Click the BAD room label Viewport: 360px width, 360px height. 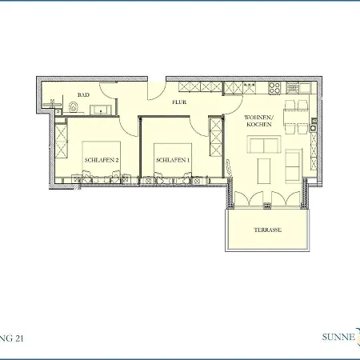click(82, 94)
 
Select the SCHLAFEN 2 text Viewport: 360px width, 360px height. click(102, 159)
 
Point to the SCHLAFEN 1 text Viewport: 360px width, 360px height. click(173, 159)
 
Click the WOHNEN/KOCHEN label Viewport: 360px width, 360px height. click(259, 122)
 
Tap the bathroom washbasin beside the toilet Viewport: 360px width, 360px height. click(54, 103)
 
